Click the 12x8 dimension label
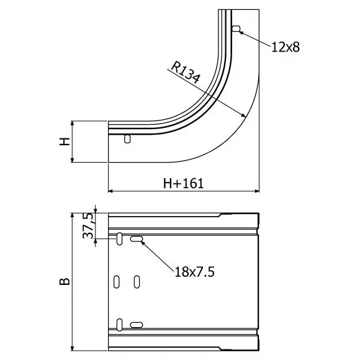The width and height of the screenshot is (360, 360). (286, 47)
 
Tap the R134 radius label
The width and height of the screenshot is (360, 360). (186, 72)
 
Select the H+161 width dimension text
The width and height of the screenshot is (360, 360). (183, 184)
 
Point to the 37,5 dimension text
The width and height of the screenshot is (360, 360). (88, 225)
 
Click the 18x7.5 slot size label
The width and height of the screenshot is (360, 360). (194, 272)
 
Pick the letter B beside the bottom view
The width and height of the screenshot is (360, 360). (65, 281)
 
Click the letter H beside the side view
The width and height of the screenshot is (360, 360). (65, 142)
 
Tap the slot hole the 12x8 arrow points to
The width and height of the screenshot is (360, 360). (236, 29)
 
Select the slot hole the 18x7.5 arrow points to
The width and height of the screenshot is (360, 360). (137, 239)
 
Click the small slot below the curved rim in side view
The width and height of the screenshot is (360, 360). (127, 138)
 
